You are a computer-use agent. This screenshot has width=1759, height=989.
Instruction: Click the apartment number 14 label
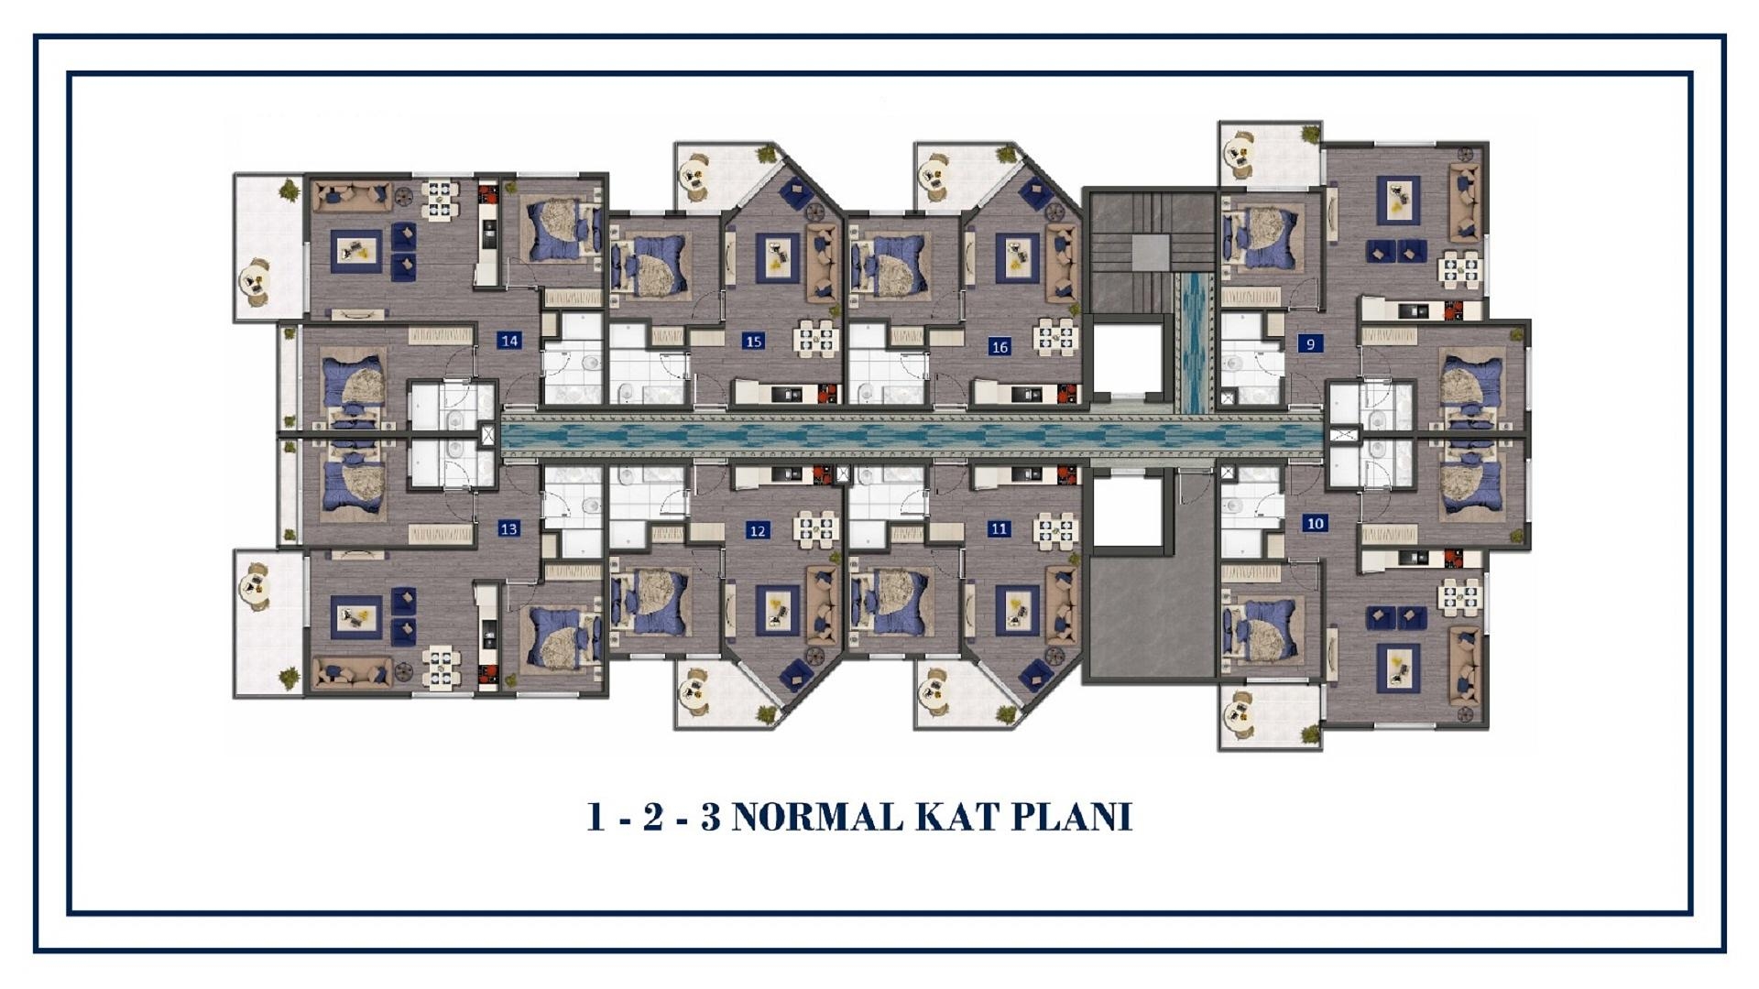pyautogui.click(x=509, y=341)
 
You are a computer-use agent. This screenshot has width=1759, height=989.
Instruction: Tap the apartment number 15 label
pyautogui.click(x=753, y=342)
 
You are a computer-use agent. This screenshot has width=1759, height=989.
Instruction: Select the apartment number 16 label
pyautogui.click(x=1000, y=347)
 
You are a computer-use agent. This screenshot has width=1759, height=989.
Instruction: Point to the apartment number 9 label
pyautogui.click(x=1311, y=344)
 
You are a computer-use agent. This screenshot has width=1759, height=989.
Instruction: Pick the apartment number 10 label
pyautogui.click(x=1316, y=524)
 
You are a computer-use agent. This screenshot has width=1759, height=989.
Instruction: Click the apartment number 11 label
pyautogui.click(x=1000, y=528)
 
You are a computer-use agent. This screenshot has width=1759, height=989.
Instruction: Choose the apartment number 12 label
pyautogui.click(x=757, y=530)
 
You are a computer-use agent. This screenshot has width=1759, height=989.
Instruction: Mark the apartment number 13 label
pyautogui.click(x=508, y=528)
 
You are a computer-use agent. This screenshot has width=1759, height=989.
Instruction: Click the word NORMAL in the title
pyautogui.click(x=817, y=817)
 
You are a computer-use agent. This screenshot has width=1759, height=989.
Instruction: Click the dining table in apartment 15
pyautogui.click(x=815, y=336)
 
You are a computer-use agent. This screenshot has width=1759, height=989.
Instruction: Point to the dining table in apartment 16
pyautogui.click(x=1056, y=335)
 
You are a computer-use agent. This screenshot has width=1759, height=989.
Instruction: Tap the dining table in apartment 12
pyautogui.click(x=815, y=529)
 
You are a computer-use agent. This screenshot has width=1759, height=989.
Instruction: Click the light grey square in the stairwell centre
pyautogui.click(x=1151, y=252)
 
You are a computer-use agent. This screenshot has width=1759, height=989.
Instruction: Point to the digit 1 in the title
pyautogui.click(x=595, y=817)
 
